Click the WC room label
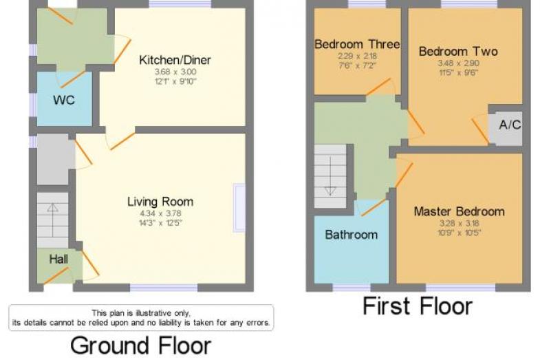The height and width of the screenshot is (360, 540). click(x=64, y=100)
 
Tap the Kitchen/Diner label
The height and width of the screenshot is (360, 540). click(x=175, y=60)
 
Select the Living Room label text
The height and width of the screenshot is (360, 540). click(x=160, y=202)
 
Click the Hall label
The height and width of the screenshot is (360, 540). click(x=58, y=259)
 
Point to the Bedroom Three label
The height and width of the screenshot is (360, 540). click(x=357, y=44)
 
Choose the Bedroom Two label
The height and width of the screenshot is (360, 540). click(x=458, y=52)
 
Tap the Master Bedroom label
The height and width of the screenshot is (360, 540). click(x=460, y=211)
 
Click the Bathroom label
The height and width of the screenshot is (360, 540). click(x=352, y=235)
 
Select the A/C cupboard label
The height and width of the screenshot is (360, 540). click(x=510, y=125)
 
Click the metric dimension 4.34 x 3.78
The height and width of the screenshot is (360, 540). click(x=160, y=213)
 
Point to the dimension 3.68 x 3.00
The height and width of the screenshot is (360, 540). click(x=175, y=72)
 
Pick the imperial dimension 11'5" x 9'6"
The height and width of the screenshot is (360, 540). click(x=458, y=72)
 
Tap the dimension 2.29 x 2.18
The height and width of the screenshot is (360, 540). click(x=357, y=56)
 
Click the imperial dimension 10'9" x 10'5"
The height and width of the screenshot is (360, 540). click(x=460, y=233)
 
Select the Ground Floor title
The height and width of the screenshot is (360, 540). click(x=140, y=346)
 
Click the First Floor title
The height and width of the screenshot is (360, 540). click(x=418, y=306)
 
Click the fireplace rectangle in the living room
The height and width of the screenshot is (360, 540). click(x=239, y=208)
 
